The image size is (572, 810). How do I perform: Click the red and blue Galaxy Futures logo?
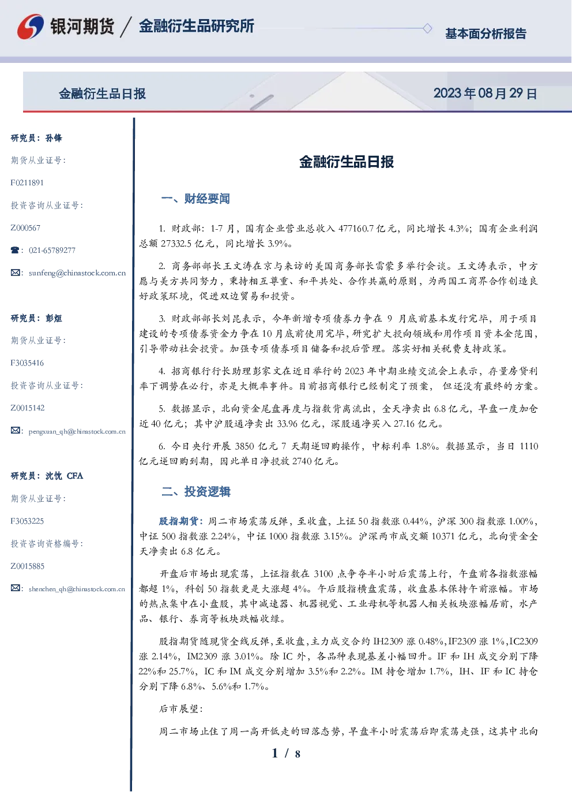coord(31,27)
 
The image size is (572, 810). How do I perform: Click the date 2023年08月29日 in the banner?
coord(485,94)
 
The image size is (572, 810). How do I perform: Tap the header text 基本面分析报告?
coord(486,33)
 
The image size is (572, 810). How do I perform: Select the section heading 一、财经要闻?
coord(195,199)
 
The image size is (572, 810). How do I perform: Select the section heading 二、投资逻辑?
coord(195,491)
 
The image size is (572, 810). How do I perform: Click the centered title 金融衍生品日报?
coord(347,162)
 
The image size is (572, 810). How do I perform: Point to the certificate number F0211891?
coord(27,182)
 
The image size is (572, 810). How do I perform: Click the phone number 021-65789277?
coord(52,250)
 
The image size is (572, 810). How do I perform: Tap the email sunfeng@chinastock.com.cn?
coord(77,273)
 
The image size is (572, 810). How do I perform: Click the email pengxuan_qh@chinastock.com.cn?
coord(77,431)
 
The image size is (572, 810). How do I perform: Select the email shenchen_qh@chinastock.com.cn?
coord(77,589)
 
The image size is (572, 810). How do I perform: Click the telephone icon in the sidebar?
coord(15,250)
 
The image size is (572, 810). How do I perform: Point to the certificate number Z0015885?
coord(28,566)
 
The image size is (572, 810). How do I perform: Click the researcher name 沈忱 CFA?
coord(64,476)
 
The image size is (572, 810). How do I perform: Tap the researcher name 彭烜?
coord(54,318)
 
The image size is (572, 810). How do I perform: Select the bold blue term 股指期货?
coord(182,521)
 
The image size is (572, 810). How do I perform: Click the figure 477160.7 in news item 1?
coord(356,229)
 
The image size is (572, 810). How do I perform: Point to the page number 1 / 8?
coord(286,753)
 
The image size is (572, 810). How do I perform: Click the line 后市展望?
coord(181,709)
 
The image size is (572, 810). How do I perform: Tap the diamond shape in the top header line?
coord(427,28)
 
